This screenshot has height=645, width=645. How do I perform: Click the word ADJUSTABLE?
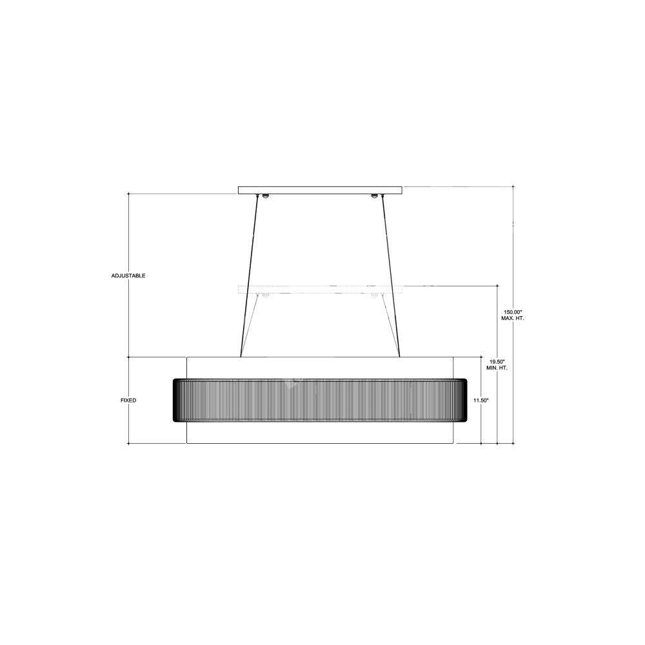[128, 275]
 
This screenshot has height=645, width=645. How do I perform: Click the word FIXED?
[128, 401]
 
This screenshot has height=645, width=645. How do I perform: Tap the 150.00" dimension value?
[513, 312]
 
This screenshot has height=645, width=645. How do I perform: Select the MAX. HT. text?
[513, 319]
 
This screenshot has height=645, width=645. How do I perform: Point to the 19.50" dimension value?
[497, 361]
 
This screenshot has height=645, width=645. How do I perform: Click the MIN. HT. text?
[497, 368]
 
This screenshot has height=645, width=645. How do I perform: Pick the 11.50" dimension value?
[481, 401]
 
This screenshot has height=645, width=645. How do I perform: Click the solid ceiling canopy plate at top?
[320, 190]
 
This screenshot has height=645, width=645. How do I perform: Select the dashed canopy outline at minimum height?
[320, 289]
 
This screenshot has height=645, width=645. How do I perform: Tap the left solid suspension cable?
[248, 275]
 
